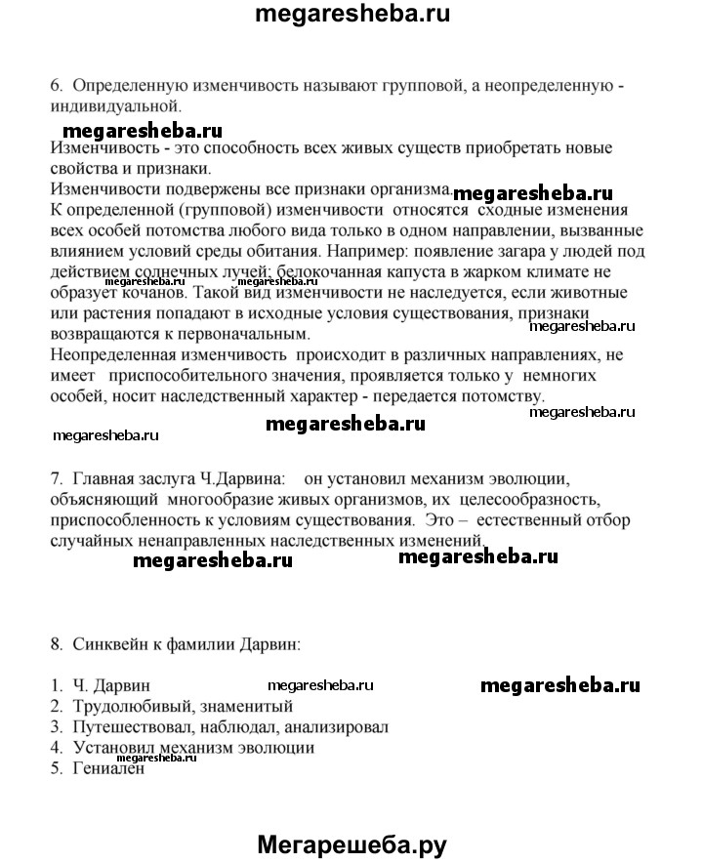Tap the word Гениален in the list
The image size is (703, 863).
click(x=108, y=769)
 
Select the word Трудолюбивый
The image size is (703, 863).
click(x=126, y=707)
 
